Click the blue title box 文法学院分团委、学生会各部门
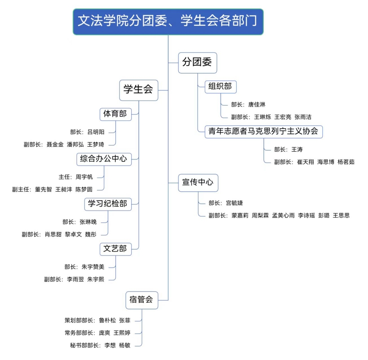click(168, 22)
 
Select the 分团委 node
click(197, 62)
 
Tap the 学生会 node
click(138, 90)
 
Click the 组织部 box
click(220, 86)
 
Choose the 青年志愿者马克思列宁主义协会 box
click(263, 131)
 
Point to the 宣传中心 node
click(198, 182)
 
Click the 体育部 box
click(115, 114)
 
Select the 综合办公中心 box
click(104, 158)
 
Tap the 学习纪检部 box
click(108, 204)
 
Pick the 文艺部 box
click(115, 249)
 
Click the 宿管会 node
click(142, 300)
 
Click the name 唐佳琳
click(257, 105)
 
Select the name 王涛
click(297, 149)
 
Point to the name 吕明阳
click(96, 132)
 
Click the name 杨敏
click(125, 345)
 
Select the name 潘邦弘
click(75, 144)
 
